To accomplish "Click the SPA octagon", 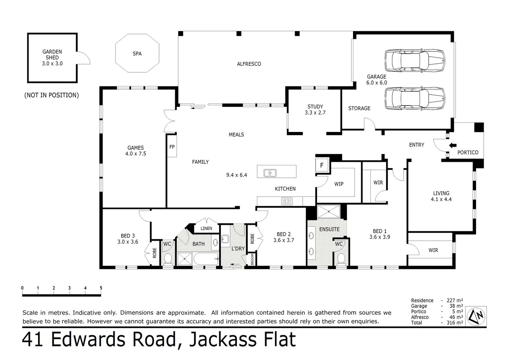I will [137, 53].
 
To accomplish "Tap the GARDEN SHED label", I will [52, 57].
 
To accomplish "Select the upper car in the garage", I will [415, 61].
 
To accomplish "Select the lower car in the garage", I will [415, 98].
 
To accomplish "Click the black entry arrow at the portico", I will [453, 145].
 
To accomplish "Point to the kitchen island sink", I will [270, 173].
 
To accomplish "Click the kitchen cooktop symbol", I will [287, 201].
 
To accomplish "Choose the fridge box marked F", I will [322, 165].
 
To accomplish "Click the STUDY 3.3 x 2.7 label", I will [315, 110].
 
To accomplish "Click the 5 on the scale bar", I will [101, 288].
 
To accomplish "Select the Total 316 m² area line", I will [437, 323].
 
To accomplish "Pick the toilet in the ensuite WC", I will [341, 259].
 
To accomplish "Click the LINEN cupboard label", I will [206, 228].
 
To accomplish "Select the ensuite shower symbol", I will [328, 212].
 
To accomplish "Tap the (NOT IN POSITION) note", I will [52, 95].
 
